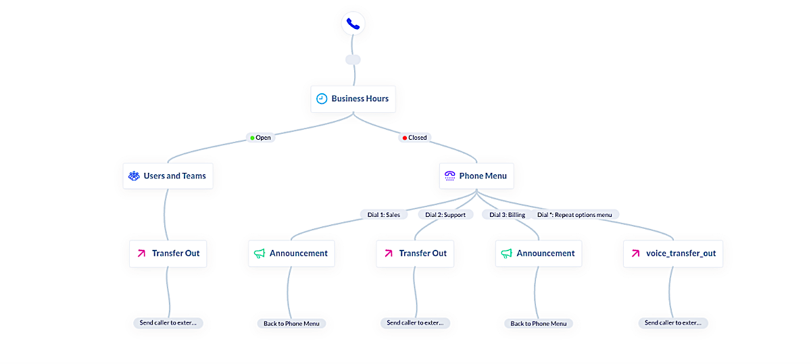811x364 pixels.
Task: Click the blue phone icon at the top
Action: [x=353, y=24]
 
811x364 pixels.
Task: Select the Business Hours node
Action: [x=353, y=99]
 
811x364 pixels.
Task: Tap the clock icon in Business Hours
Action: [x=322, y=99]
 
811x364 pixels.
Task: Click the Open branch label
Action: [x=260, y=138]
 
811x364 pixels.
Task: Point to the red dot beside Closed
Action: [x=405, y=138]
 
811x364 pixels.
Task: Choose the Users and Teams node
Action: [x=168, y=176]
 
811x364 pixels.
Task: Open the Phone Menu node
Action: [x=476, y=176]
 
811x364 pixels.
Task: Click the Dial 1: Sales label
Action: [x=383, y=215]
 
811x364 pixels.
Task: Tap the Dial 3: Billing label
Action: [x=508, y=215]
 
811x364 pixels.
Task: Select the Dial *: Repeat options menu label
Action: [x=574, y=215]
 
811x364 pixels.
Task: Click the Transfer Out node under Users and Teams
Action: [x=168, y=253]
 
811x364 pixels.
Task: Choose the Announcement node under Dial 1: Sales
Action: [x=291, y=253]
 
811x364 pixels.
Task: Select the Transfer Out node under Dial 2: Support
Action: [x=415, y=253]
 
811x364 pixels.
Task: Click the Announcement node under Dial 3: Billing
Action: [x=538, y=253]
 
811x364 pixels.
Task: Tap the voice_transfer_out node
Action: [x=672, y=253]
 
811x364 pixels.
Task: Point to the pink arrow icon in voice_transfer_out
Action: [x=635, y=253]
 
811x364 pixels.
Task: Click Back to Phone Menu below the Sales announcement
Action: [x=291, y=323]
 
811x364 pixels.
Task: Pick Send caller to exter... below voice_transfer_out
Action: [x=672, y=323]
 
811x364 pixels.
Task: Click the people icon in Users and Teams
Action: [x=134, y=176]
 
